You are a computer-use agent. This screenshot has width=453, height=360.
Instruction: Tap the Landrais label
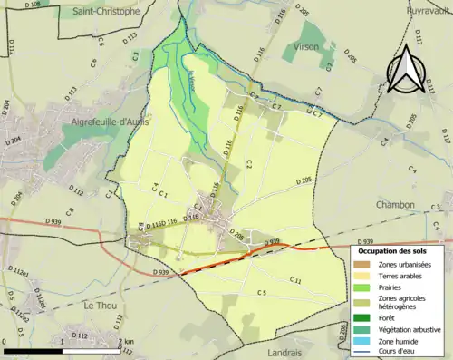pyautogui.click(x=289, y=353)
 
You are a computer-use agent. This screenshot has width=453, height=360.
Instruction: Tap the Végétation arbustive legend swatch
pyautogui.click(x=361, y=331)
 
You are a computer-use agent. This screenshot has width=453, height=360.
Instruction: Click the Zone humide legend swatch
pyautogui.click(x=361, y=343)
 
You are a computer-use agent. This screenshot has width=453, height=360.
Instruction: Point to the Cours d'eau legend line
pyautogui.click(x=361, y=353)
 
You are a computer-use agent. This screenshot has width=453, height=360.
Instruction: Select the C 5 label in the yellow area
pyautogui.click(x=261, y=293)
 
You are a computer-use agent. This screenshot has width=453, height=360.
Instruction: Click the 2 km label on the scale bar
pyautogui.click(x=125, y=342)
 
